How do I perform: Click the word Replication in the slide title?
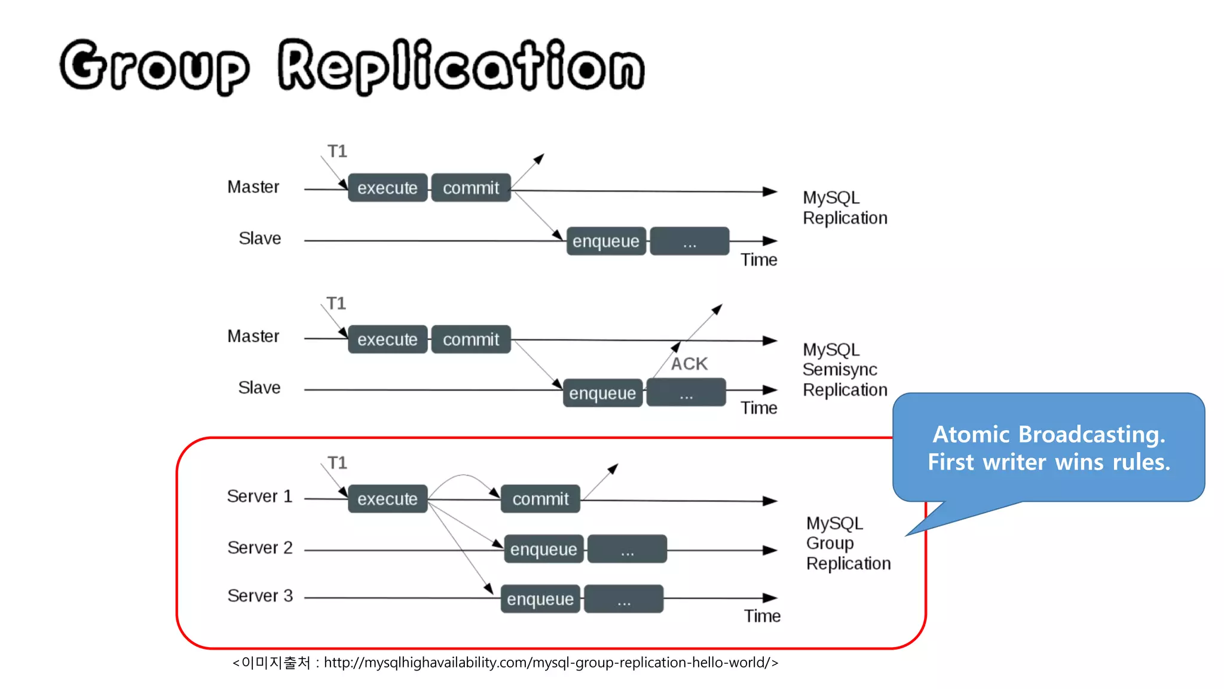pyautogui.click(x=460, y=66)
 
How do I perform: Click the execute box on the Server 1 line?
pyautogui.click(x=387, y=499)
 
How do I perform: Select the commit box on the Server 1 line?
pyautogui.click(x=540, y=499)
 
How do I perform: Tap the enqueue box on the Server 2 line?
pyautogui.click(x=543, y=549)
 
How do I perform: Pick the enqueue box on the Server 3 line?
pyautogui.click(x=540, y=599)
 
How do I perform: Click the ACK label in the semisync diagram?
pyautogui.click(x=689, y=364)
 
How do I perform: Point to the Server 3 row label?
pyautogui.click(x=260, y=596)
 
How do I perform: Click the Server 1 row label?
pyautogui.click(x=259, y=496)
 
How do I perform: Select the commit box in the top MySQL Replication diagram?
pyautogui.click(x=471, y=188)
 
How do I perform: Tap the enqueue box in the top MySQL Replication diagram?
pyautogui.click(x=605, y=241)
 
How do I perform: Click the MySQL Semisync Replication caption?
pyautogui.click(x=844, y=370)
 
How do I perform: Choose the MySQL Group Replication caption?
pyautogui.click(x=847, y=543)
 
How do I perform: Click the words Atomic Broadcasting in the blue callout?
pyautogui.click(x=1048, y=434)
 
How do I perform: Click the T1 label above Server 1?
pyautogui.click(x=337, y=463)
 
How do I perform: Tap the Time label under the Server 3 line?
pyautogui.click(x=762, y=616)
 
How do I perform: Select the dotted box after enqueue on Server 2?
pyautogui.click(x=627, y=549)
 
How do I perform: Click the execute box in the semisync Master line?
pyautogui.click(x=387, y=339)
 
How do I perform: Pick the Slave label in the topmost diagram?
pyautogui.click(x=259, y=238)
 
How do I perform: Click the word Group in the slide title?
pyautogui.click(x=154, y=66)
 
